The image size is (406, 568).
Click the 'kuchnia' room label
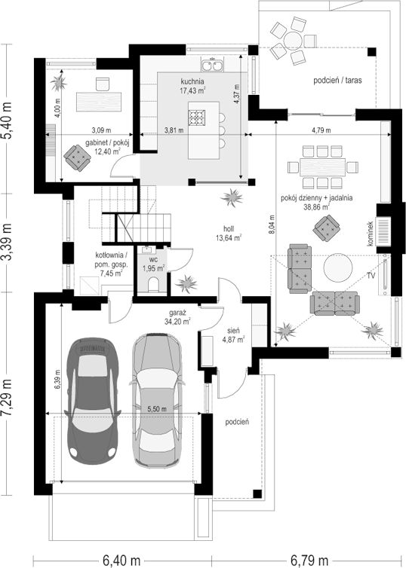coord(192,81)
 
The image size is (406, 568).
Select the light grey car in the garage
coord(157,400)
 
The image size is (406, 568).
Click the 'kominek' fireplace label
coord(370,234)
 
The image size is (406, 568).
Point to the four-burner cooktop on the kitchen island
coord(197,117)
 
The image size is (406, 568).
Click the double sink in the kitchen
coord(212,66)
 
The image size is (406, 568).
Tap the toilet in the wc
coord(154,284)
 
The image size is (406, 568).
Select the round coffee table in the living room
coord(338,267)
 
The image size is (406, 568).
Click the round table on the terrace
coord(293,40)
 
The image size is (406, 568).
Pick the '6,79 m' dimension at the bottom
coord(309,560)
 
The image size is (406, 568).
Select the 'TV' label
coord(371,276)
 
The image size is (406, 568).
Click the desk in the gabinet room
coord(99,102)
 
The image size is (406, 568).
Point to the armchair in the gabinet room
coord(77,157)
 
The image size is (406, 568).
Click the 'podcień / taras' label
coord(337,81)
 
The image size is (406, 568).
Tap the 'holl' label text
coord(229,229)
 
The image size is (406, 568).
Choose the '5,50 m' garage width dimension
coord(157,409)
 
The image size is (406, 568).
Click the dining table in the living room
coord(322,167)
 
